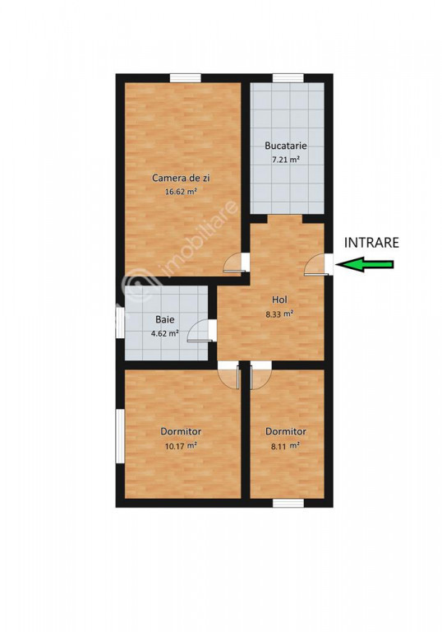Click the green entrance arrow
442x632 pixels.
pos(364,264)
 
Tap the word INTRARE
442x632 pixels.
pos(371,242)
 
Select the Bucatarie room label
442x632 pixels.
pos(286,146)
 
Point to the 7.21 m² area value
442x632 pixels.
pos(286,159)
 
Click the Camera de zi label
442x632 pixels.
pos(181,178)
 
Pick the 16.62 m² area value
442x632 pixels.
pos(181,192)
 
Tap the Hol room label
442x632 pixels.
pos(279,300)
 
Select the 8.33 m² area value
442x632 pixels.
pos(279,314)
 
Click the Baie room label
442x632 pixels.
pos(165,319)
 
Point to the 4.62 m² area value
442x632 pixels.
pos(164,333)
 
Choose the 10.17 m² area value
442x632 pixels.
pos(181,445)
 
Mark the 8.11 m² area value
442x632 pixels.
pos(285,445)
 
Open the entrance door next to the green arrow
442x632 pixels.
pos(318,265)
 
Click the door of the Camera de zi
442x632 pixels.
pos(237,263)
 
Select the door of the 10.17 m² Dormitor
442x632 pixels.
pos(228,375)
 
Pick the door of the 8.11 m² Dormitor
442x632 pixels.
pos(260,375)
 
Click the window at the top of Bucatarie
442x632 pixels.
pos(288,78)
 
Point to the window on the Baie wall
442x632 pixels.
pos(120,323)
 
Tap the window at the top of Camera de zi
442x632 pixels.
pos(185,78)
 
